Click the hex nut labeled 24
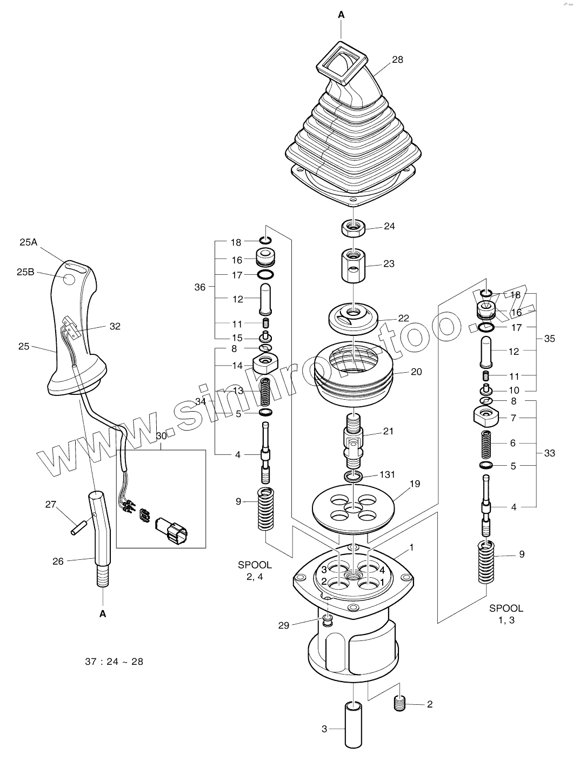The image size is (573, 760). tap(352, 228)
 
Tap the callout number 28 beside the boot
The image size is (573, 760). tap(397, 60)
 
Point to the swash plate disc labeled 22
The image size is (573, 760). tap(352, 318)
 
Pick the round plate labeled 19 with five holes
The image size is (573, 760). tap(353, 507)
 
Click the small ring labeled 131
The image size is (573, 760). tap(353, 476)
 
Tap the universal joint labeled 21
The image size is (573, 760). tap(353, 438)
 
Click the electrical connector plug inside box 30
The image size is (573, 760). tap(171, 528)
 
